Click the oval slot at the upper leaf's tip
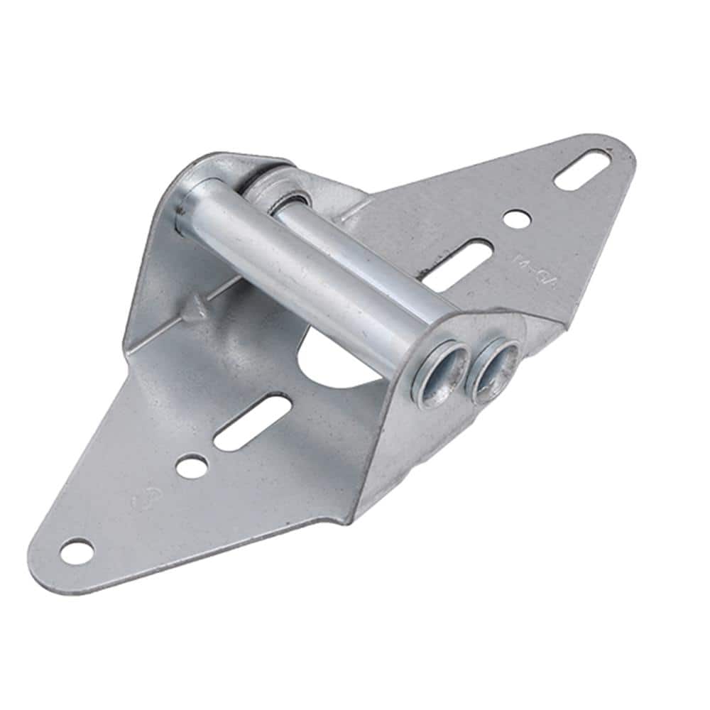tap(584, 170)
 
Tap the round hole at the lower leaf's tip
tap(77, 550)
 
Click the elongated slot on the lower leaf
tap(252, 423)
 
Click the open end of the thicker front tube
tap(443, 370)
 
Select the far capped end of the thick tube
tap(190, 206)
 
